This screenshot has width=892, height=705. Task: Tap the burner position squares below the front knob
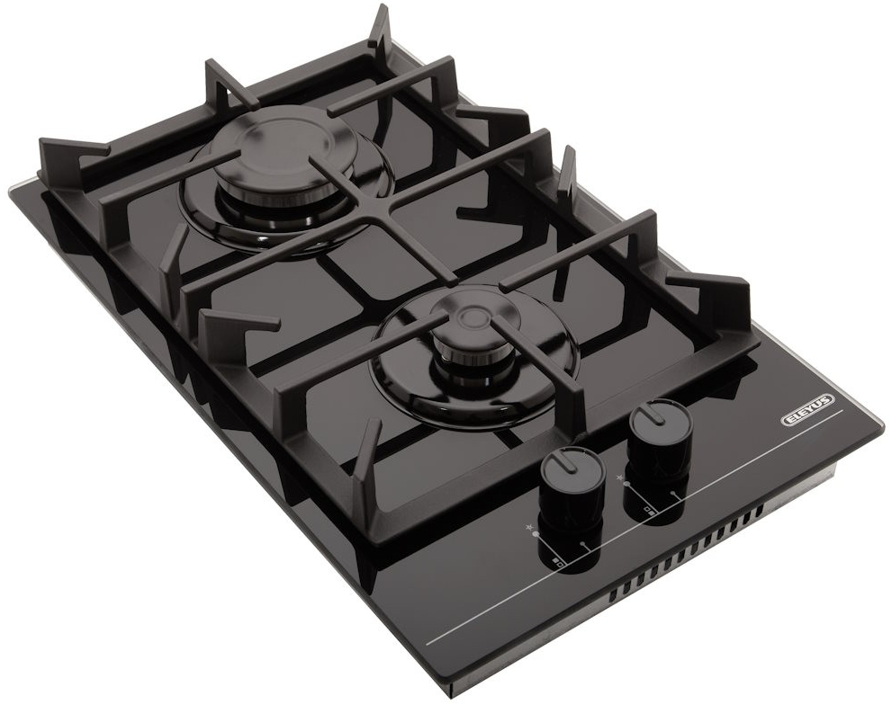click(x=558, y=564)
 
